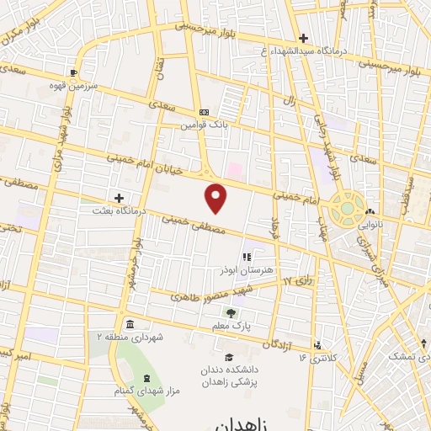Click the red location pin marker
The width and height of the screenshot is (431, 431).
tap(216, 198)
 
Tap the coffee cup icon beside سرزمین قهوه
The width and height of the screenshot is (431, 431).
tap(74, 72)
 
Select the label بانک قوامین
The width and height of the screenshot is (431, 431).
tap(203, 125)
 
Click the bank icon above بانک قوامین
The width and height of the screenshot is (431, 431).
tap(204, 112)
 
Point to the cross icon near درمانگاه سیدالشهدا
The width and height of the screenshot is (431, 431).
tap(304, 38)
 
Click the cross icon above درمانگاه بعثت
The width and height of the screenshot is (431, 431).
tap(119, 198)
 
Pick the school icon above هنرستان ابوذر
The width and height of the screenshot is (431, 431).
tap(246, 258)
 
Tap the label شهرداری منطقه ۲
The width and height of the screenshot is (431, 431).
tap(129, 337)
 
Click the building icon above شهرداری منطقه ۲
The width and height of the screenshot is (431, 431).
tap(129, 324)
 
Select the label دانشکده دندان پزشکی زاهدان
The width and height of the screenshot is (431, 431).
tap(227, 375)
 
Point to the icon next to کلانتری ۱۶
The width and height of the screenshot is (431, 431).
tap(317, 343)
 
